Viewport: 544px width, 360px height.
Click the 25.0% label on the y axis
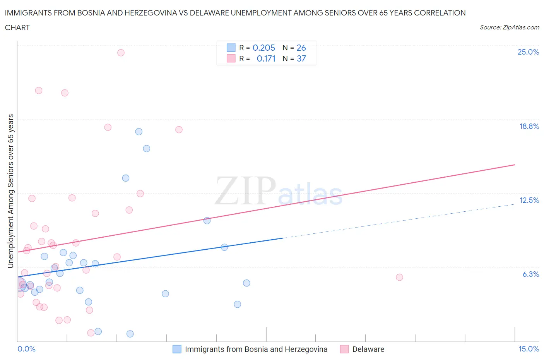(528, 52)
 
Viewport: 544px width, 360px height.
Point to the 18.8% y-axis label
(529, 126)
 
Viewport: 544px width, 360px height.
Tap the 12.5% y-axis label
(529, 200)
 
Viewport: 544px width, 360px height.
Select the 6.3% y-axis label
(530, 274)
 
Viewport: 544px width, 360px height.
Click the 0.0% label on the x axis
(26, 349)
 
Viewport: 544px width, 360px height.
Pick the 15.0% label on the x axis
(529, 349)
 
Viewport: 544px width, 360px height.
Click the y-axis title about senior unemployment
(10, 191)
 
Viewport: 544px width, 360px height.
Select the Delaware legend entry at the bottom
(368, 349)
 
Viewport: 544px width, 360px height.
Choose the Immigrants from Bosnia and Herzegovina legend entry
(256, 349)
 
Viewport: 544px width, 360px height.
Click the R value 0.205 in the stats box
(263, 48)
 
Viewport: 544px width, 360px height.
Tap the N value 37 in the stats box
(301, 58)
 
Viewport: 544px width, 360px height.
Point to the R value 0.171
(266, 58)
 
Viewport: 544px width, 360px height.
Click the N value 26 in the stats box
(301, 48)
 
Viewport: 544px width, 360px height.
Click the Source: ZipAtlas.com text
(509, 27)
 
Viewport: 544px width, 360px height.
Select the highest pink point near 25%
(121, 53)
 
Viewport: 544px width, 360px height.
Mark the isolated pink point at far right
(399, 277)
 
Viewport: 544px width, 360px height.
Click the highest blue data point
(139, 132)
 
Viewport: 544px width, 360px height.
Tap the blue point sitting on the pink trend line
(207, 221)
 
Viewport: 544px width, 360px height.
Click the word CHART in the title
(17, 27)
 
